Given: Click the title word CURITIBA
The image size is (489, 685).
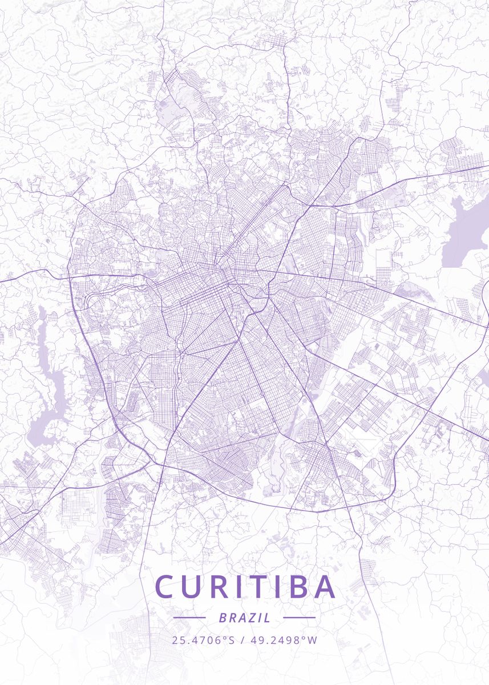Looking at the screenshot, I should pyautogui.click(x=245, y=587).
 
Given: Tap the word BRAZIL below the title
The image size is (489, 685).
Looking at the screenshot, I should pyautogui.click(x=244, y=618).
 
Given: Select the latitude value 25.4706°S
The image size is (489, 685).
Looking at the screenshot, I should pyautogui.click(x=203, y=640).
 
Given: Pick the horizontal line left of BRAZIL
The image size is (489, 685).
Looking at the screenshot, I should pyautogui.click(x=189, y=618).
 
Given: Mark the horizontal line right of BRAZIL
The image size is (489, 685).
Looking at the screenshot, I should pyautogui.click(x=299, y=618).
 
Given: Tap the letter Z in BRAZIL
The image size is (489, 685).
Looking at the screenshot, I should pyautogui.click(x=253, y=618).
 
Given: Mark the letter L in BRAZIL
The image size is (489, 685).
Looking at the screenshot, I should pyautogui.click(x=268, y=618).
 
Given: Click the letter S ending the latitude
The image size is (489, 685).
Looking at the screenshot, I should pyautogui.click(x=232, y=640).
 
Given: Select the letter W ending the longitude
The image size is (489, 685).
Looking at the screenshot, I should pyautogui.click(x=312, y=640).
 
